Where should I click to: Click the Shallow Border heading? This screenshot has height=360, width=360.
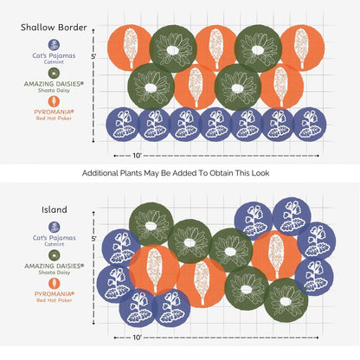[54, 28]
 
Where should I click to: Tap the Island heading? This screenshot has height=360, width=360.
[55, 209]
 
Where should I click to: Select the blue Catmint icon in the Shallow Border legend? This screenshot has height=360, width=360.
[54, 45]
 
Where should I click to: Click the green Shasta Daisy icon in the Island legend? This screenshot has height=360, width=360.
[55, 255]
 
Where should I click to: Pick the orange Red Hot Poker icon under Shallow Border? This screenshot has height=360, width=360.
[54, 101]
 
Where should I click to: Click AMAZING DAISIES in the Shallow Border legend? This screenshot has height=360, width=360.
[54, 84]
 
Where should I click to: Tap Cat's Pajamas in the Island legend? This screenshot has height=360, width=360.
[55, 238]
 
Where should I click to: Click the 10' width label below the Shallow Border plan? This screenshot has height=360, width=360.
[138, 156]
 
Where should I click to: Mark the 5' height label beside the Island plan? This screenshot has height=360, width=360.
[94, 239]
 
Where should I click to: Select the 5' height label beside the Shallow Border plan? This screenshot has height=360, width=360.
[93, 56]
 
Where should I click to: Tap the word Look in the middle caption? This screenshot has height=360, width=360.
[260, 173]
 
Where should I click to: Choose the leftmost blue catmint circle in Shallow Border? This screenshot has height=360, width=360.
[123, 125]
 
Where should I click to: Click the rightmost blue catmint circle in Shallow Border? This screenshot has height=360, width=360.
[310, 125]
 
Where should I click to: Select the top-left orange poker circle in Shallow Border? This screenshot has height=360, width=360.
[130, 48]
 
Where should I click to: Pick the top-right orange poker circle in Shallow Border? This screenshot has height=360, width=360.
[302, 48]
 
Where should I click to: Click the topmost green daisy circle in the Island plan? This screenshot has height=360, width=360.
[151, 224]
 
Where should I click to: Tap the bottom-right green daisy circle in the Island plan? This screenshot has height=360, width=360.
[286, 300]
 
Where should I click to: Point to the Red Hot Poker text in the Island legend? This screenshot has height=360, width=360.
[55, 300]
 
